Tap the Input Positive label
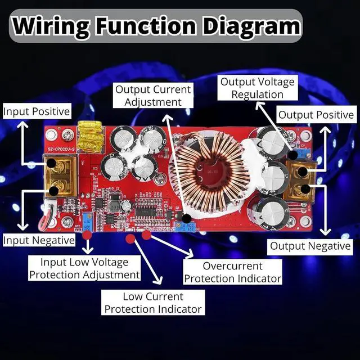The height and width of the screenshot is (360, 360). click(37, 111)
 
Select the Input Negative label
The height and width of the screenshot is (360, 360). click(39, 240)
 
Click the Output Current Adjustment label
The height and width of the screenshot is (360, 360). click(152, 95)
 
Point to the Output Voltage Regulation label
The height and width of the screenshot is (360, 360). click(257, 88)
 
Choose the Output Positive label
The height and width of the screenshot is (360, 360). click(316, 115)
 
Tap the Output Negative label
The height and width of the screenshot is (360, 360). click(310, 246)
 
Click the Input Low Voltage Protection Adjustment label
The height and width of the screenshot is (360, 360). click(84, 268)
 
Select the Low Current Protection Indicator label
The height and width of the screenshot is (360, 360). click(152, 303)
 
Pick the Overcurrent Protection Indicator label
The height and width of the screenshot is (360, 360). click(233, 272)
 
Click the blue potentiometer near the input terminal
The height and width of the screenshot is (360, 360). click(87, 220)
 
